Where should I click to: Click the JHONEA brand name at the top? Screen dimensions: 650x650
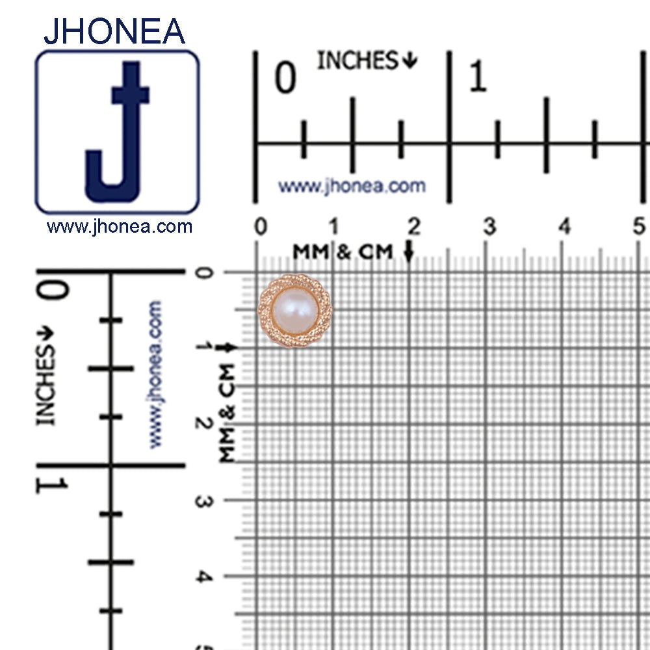(x=114, y=31)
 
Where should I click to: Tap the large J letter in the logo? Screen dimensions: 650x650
(x=118, y=132)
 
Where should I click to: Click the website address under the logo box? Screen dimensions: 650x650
(x=120, y=227)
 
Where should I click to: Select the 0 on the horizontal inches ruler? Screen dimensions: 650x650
(x=285, y=77)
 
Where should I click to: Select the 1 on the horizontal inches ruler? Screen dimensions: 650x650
(x=478, y=76)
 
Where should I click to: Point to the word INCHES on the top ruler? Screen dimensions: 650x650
(x=357, y=60)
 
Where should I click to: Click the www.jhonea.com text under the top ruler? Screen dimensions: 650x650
(x=352, y=186)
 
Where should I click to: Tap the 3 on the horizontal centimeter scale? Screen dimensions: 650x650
(x=489, y=227)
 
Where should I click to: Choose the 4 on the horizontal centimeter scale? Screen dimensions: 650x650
(x=565, y=227)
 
